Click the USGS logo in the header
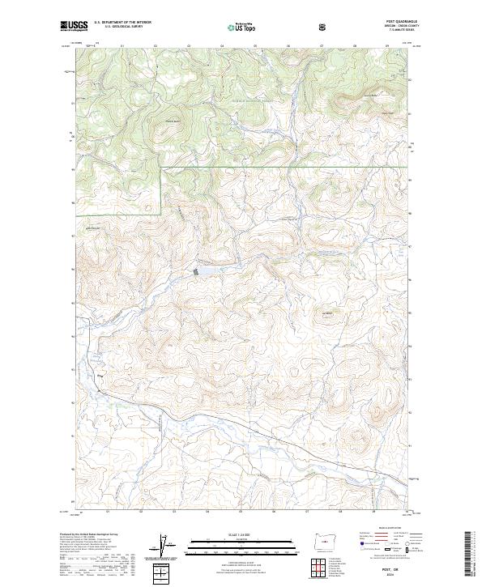74,26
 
